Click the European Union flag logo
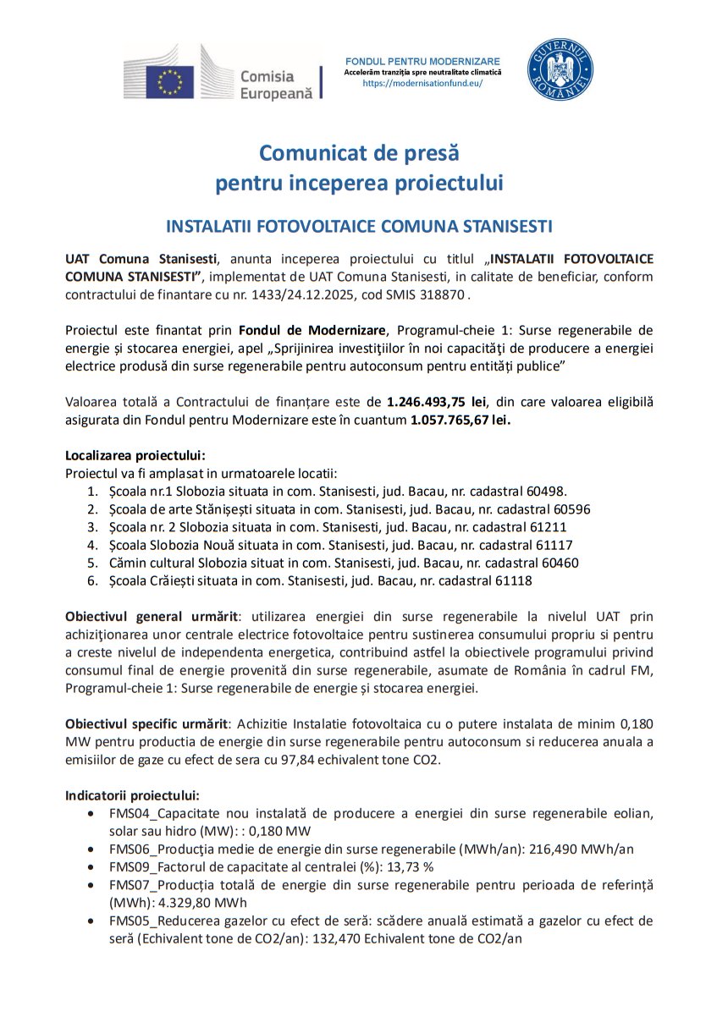click(170, 82)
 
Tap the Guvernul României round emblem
click(560, 69)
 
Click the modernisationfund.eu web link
click(422, 84)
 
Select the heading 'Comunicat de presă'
click(358, 153)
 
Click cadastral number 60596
click(571, 508)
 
